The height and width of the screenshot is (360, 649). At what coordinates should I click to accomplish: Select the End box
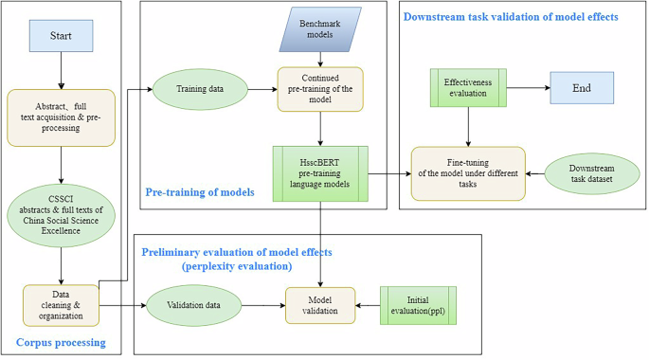581,88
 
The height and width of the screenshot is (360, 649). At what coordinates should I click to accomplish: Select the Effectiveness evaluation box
464,88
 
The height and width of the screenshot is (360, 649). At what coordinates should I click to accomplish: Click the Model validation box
320,305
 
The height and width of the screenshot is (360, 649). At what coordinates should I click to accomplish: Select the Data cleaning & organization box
62,305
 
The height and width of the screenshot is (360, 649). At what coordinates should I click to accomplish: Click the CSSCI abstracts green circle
62,215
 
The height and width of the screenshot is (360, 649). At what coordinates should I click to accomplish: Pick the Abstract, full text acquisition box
62,118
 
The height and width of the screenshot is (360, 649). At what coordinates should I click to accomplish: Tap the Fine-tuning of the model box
467,172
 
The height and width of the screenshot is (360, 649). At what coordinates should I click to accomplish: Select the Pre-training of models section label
198,192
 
